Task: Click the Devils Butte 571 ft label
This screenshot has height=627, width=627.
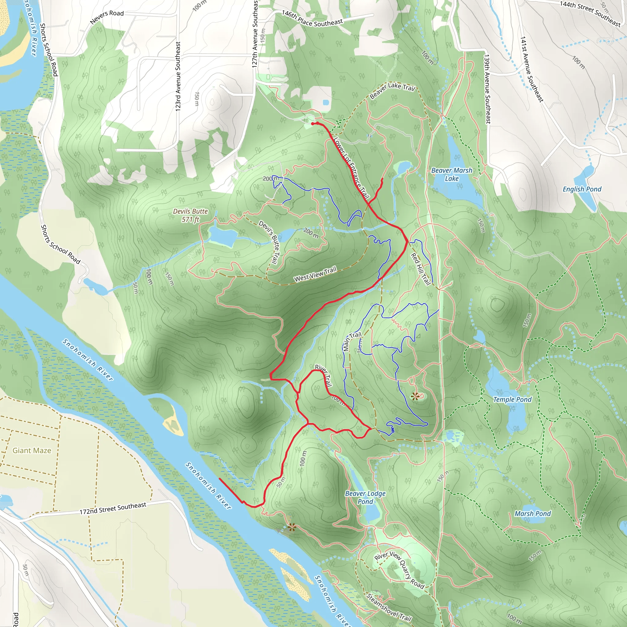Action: tap(190, 216)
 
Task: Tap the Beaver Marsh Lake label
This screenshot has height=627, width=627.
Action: tap(452, 174)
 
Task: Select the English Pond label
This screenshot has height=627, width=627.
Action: tap(582, 189)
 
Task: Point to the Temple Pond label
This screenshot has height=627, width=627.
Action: tap(512, 400)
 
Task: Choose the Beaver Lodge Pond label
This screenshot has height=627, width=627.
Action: tap(365, 497)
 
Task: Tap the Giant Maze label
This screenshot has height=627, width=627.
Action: tap(32, 450)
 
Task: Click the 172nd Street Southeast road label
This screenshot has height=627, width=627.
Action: tap(113, 508)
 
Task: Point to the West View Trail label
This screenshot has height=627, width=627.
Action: tap(315, 274)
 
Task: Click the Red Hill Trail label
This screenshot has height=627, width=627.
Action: tap(421, 269)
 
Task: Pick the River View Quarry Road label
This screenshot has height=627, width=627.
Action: tap(399, 569)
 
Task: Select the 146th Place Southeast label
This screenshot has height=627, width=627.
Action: tap(312, 18)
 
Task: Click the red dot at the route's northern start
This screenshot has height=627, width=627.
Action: tap(313, 124)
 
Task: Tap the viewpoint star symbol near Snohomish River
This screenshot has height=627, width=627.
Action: tap(292, 528)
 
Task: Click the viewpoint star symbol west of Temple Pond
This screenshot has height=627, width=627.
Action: tap(415, 396)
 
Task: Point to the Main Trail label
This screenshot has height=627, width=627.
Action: tap(352, 341)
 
